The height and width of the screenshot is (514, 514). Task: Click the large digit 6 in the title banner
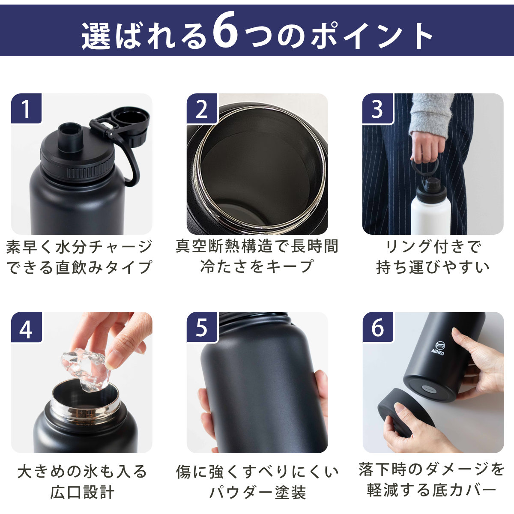click(226, 30)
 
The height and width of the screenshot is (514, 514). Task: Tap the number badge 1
click(26, 108)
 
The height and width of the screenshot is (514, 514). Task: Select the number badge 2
click(202, 108)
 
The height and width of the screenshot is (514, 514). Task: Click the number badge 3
click(378, 108)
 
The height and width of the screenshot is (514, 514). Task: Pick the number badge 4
click(26, 327)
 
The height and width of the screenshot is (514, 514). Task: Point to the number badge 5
click(202, 327)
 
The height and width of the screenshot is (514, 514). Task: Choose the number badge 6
click(378, 327)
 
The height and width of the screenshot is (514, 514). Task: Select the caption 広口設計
click(82, 492)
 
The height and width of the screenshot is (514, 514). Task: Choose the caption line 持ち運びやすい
click(433, 267)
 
